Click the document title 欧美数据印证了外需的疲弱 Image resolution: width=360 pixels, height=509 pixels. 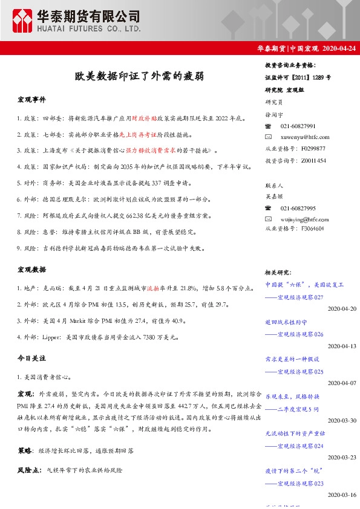139,76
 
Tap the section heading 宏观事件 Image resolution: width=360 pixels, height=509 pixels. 31,99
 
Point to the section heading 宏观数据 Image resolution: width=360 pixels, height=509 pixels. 31,269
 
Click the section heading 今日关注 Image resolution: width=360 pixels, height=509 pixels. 31,359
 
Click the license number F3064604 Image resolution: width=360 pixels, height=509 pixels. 311,229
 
